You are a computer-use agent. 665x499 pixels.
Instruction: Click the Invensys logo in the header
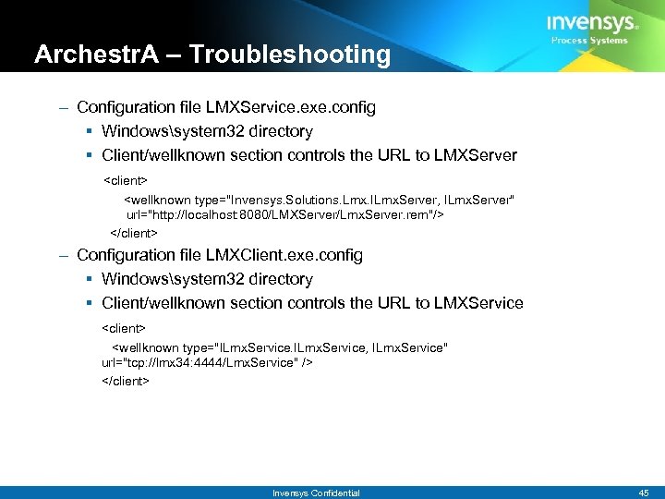tap(592, 22)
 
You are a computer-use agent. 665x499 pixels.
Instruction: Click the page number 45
tap(644, 493)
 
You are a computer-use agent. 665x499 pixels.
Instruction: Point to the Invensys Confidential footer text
tap(316, 493)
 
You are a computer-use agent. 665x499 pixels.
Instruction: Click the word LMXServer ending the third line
tap(477, 155)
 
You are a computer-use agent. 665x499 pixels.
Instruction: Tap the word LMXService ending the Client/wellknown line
tap(480, 303)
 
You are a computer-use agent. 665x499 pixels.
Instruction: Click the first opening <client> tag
tap(125, 179)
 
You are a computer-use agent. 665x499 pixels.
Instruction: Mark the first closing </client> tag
tap(134, 232)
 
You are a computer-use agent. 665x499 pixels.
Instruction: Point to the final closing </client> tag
tap(125, 381)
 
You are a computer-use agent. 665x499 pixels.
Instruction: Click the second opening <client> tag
tap(124, 328)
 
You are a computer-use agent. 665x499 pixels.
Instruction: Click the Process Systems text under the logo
tap(589, 41)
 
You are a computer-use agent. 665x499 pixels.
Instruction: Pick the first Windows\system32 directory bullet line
tap(207, 131)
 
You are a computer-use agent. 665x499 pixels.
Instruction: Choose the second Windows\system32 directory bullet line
tap(207, 279)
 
